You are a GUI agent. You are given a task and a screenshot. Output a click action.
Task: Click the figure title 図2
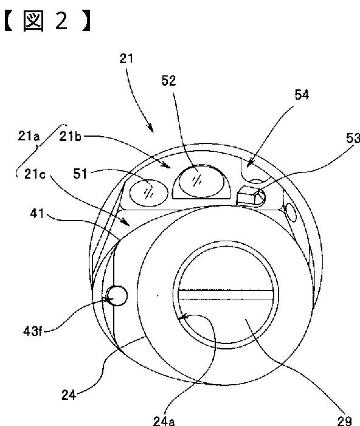click(48, 21)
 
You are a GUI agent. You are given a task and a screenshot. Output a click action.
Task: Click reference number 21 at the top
click(126, 58)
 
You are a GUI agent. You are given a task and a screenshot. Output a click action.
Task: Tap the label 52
click(168, 81)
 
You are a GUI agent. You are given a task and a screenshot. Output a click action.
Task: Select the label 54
click(302, 95)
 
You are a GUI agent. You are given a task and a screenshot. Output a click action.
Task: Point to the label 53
click(353, 138)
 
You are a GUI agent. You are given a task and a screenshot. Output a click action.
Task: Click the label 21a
click(29, 136)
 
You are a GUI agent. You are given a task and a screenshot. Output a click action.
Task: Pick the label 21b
click(70, 136)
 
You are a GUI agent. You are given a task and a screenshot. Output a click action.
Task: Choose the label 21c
click(35, 174)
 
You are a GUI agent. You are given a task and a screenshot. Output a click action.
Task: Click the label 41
click(37, 214)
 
